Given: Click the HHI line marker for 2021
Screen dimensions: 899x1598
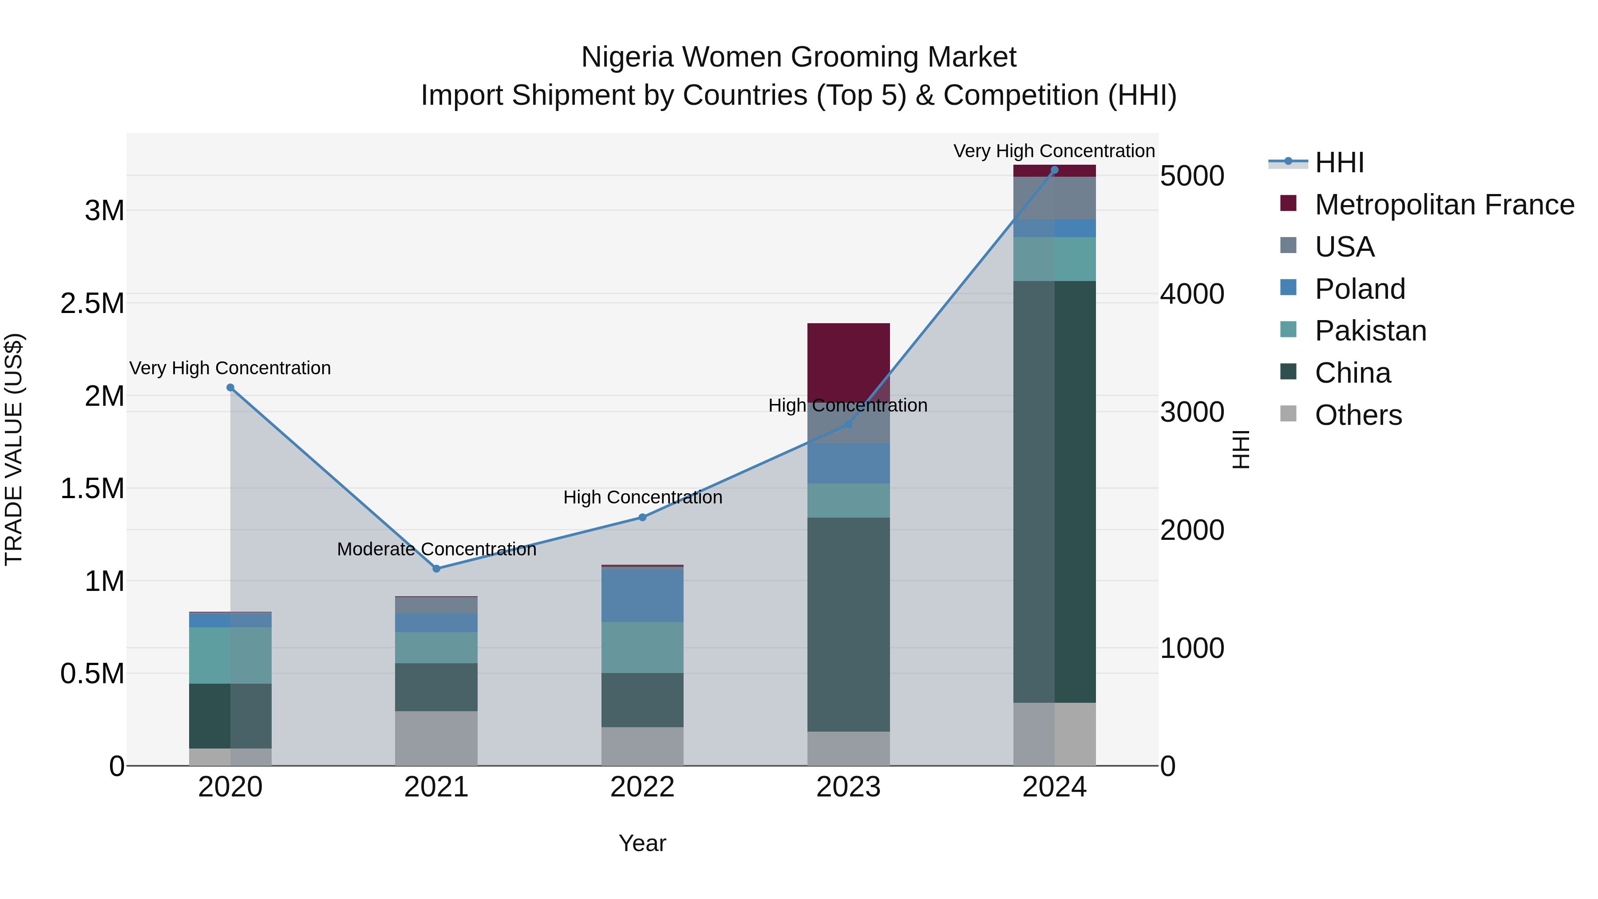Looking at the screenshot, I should click(436, 568).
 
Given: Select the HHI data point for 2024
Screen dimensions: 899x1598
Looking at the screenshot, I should click(1054, 170).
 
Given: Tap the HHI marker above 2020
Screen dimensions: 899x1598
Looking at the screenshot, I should click(230, 387).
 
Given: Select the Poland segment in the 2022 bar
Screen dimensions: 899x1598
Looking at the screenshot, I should click(642, 594).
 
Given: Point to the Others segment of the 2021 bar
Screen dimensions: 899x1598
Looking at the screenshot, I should click(436, 738).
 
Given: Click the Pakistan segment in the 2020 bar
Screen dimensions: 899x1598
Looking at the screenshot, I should click(230, 655).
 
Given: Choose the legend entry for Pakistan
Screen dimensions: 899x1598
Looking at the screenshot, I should click(1370, 331).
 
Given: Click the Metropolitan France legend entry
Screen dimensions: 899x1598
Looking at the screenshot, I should click(1444, 205).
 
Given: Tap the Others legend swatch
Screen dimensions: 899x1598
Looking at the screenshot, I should click(1289, 414).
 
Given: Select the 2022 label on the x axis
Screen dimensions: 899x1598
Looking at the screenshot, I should click(642, 787).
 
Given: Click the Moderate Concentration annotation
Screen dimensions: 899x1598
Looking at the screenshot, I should click(436, 549).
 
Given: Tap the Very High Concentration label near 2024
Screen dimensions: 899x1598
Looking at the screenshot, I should click(1053, 151).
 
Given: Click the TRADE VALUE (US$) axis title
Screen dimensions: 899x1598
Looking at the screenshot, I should click(14, 449).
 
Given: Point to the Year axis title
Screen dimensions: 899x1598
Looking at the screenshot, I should click(642, 843).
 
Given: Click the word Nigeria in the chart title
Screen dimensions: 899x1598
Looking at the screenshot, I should click(626, 57).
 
